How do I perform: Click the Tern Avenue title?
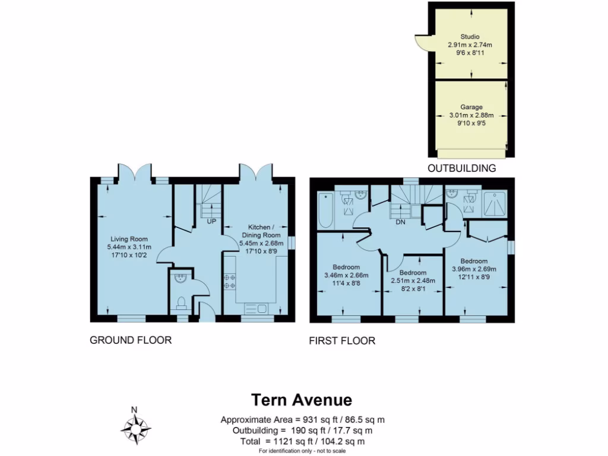point(302,400)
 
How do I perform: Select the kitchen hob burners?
point(229,281)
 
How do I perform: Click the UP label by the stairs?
point(211,221)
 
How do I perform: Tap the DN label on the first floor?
point(401,221)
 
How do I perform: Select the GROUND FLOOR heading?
point(131,340)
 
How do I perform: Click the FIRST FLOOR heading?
point(342,341)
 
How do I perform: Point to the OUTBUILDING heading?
point(461,169)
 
